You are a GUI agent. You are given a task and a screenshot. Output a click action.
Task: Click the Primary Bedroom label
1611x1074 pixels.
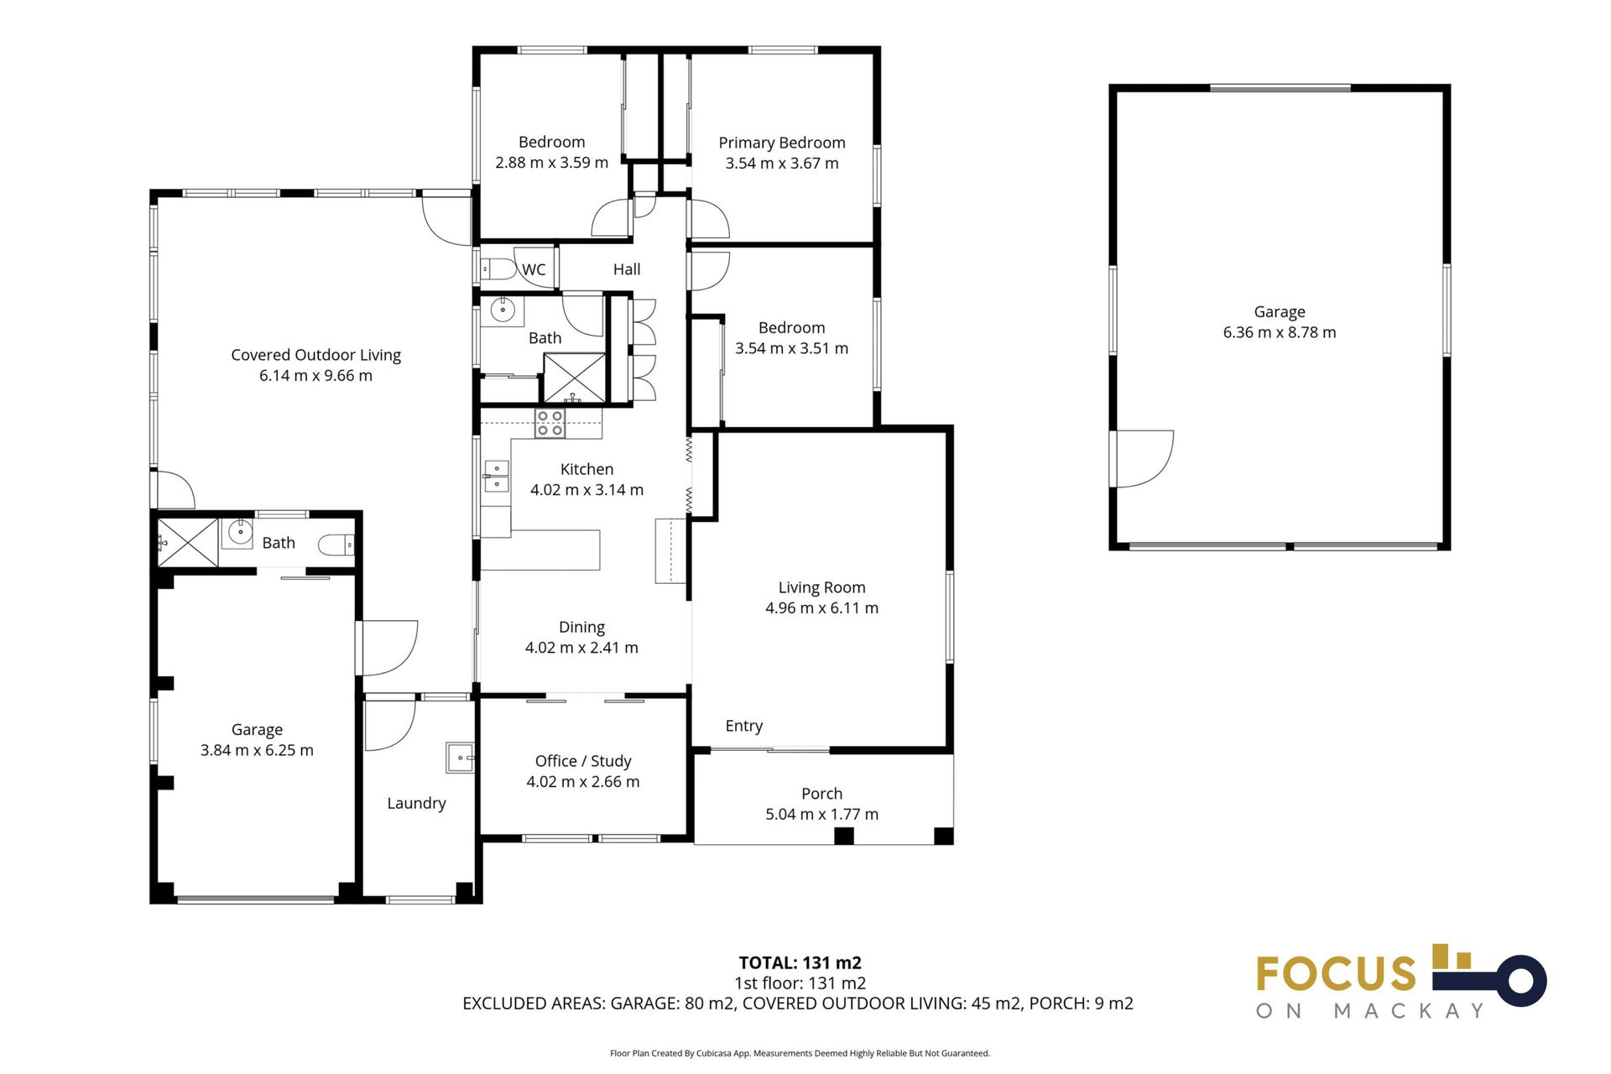pyautogui.click(x=782, y=143)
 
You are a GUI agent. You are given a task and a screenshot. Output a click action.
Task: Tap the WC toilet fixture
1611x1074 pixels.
pyautogui.click(x=498, y=269)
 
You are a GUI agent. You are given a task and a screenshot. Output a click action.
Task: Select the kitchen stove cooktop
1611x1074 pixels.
pyautogui.click(x=550, y=423)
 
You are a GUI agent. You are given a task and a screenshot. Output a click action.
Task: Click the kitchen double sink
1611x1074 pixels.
pyautogui.click(x=497, y=476)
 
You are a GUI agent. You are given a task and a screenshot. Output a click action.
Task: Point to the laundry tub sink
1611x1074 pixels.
pyautogui.click(x=460, y=757)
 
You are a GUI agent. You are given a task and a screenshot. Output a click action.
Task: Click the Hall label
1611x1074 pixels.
pyautogui.click(x=627, y=269)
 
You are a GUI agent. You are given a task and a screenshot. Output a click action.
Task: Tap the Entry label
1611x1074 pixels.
pyautogui.click(x=744, y=726)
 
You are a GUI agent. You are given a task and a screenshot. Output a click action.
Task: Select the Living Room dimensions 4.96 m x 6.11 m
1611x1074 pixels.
pyautogui.click(x=821, y=608)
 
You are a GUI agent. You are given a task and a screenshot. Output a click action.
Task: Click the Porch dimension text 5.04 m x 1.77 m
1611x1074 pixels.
pyautogui.click(x=821, y=814)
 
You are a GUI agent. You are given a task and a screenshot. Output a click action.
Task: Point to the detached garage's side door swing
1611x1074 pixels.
pyautogui.click(x=1143, y=459)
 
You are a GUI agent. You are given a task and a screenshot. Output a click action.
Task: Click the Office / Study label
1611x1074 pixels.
pyautogui.click(x=583, y=761)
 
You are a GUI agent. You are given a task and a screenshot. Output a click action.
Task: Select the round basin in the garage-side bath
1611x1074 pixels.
pyautogui.click(x=240, y=532)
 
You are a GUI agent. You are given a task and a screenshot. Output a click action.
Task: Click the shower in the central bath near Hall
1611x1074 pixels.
pyautogui.click(x=575, y=378)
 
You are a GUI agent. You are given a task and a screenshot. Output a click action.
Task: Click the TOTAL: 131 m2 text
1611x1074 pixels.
pyautogui.click(x=800, y=963)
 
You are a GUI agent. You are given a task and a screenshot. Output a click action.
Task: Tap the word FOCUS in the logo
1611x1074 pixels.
pyautogui.click(x=1336, y=974)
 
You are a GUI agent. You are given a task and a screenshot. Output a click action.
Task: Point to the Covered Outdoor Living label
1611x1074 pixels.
pyautogui.click(x=315, y=355)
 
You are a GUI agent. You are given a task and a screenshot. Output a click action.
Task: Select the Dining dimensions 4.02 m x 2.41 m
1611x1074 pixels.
pyautogui.click(x=581, y=648)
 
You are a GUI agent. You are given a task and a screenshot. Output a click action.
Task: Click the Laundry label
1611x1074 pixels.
pyautogui.click(x=416, y=803)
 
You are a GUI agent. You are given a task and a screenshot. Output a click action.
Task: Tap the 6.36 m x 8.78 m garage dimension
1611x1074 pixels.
pyautogui.click(x=1280, y=332)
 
